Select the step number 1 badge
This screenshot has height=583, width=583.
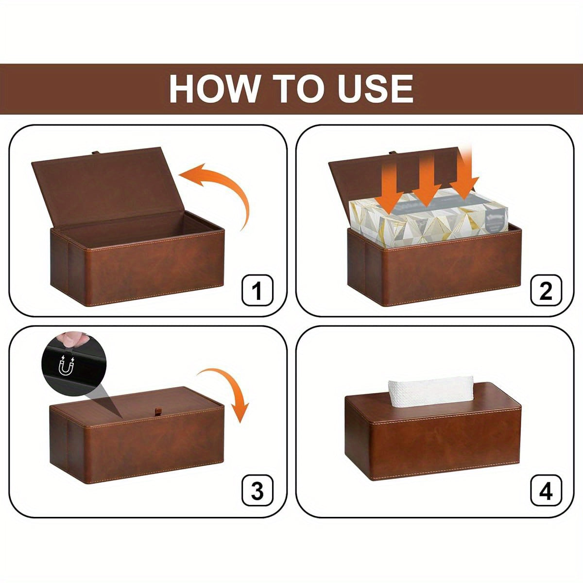click(257, 291)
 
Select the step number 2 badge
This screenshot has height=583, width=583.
click(546, 291)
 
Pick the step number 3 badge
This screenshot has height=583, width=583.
click(257, 491)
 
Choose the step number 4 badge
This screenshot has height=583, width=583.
click(546, 491)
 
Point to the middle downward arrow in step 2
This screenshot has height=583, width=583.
click(427, 182)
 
